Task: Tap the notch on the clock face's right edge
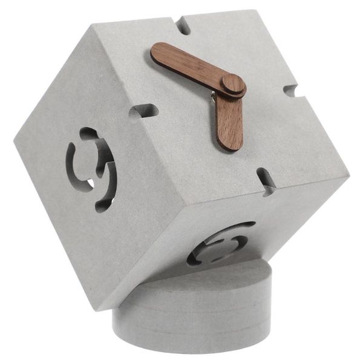(x=292, y=92)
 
